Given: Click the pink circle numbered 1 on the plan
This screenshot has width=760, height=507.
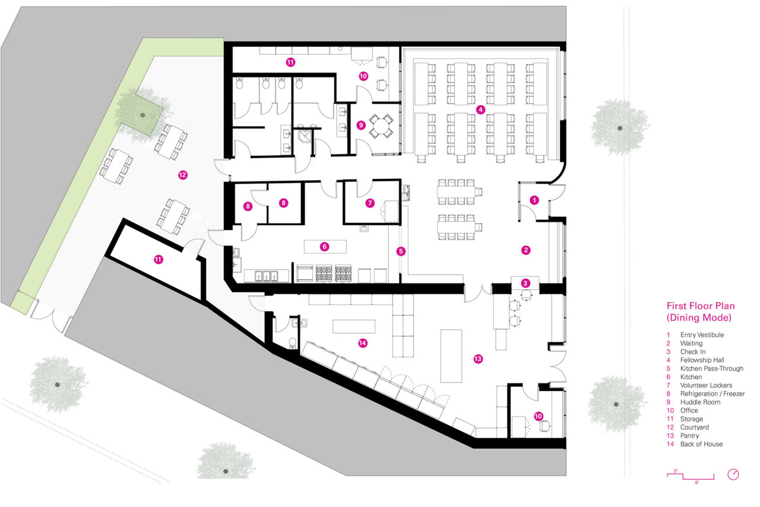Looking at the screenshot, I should (534, 200).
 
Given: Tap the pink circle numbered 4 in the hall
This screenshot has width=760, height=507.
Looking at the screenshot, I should (481, 109).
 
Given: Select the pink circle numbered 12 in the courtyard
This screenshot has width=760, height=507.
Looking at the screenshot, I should (182, 175).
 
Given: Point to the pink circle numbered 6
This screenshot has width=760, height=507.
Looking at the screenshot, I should (324, 246).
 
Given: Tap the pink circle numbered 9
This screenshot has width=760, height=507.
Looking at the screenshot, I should (360, 125).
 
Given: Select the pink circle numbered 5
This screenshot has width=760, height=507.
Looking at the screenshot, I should (401, 251).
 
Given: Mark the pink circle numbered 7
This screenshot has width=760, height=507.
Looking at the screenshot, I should (370, 203).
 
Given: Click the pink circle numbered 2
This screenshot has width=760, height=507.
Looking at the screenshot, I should (525, 250).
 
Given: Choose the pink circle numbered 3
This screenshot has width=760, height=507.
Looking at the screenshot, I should (525, 283).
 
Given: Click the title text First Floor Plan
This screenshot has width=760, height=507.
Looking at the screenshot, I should (700, 306).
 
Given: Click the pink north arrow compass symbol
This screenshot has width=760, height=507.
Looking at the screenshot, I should (734, 474).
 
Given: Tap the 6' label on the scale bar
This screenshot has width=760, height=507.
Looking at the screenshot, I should (697, 482).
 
